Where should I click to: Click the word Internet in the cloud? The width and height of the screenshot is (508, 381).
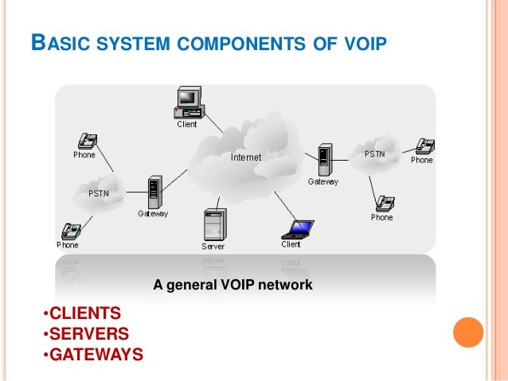click(245, 157)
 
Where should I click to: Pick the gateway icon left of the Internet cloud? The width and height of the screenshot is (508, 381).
click(153, 193)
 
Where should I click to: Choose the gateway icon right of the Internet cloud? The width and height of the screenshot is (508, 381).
click(323, 160)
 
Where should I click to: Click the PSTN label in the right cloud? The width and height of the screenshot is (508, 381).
click(375, 154)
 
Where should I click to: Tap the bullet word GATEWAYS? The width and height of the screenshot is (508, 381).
click(95, 353)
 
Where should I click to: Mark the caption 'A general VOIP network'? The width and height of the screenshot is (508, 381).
click(233, 283)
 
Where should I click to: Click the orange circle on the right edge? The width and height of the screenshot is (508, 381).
click(468, 331)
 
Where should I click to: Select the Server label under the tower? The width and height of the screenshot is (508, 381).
click(213, 247)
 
